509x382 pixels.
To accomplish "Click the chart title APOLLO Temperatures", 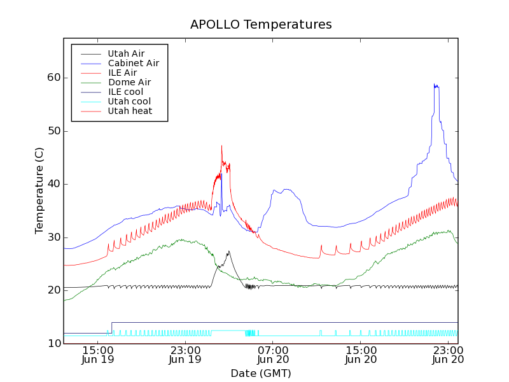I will pyautogui.click(x=261, y=25).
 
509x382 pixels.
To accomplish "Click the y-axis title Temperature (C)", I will pyautogui.click(x=39, y=190).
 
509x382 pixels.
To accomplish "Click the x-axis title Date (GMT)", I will pyautogui.click(x=260, y=372).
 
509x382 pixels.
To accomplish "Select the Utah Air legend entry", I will pyautogui.click(x=126, y=53).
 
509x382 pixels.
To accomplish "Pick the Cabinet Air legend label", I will pyautogui.click(x=133, y=63).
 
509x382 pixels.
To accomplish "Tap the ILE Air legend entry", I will pyautogui.click(x=122, y=73).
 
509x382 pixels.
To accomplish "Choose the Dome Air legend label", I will pyautogui.click(x=129, y=82).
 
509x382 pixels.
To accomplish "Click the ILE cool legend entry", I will pyautogui.click(x=125, y=92).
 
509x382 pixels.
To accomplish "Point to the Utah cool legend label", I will pyautogui.click(x=129, y=101).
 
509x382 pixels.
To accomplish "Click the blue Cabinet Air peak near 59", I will pyautogui.click(x=435, y=84).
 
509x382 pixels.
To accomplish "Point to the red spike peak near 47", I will pyautogui.click(x=221, y=145).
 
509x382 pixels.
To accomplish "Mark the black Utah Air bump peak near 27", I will pyautogui.click(x=228, y=251).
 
